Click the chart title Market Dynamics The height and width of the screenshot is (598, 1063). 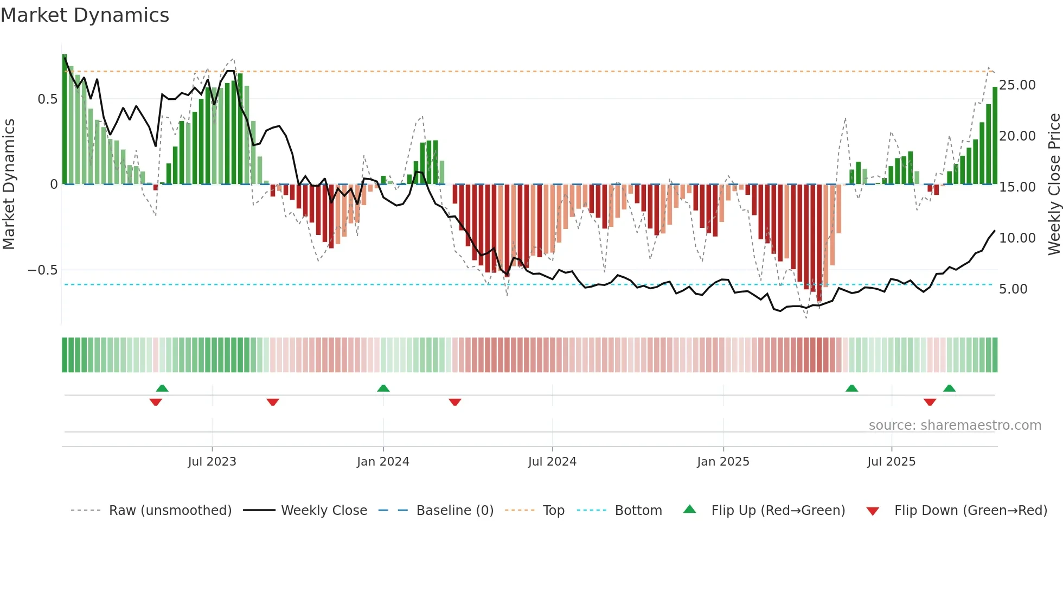coord(85,15)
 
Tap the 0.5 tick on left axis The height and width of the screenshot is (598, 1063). coord(47,99)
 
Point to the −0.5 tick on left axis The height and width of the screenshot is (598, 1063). coord(43,270)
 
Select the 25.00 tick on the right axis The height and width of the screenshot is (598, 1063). coord(1017,85)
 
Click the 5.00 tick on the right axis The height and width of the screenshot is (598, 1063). coord(1013,289)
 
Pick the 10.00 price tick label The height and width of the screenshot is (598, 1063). coord(1017,238)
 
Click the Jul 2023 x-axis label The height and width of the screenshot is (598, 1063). coord(212,462)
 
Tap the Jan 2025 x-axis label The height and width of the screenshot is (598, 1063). coord(723,462)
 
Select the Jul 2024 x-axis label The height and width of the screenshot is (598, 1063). coord(552,462)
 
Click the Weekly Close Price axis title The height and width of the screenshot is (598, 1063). coord(1054,185)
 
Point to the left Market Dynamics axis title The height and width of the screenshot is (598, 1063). coord(9,185)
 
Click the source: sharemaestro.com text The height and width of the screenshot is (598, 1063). coord(955,425)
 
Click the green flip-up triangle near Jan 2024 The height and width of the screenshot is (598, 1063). coord(383,388)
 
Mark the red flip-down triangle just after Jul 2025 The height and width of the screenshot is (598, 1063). coord(930,402)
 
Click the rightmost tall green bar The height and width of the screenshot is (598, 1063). coord(995,136)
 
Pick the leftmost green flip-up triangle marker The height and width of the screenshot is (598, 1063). coord(162,388)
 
